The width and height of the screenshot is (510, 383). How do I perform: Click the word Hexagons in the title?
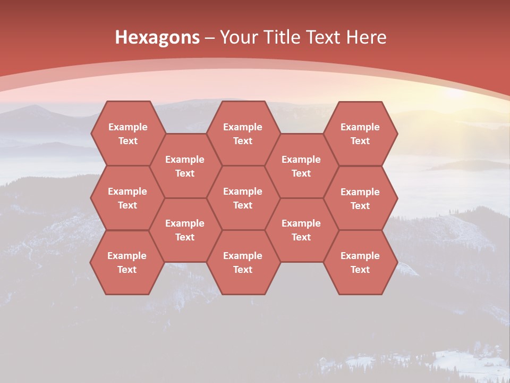pyautogui.click(x=157, y=37)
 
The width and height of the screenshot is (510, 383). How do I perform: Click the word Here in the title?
pyautogui.click(x=366, y=37)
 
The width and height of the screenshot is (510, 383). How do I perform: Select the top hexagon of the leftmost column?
pyautogui.click(x=127, y=134)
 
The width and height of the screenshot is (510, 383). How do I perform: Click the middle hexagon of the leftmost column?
pyautogui.click(x=127, y=198)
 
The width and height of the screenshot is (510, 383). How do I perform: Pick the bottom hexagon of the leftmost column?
pyautogui.click(x=127, y=262)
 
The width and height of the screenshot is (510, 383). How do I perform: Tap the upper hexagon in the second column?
pyautogui.click(x=185, y=166)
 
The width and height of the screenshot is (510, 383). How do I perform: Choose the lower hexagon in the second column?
pyautogui.click(x=185, y=230)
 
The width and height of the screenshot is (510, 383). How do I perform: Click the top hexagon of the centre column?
pyautogui.click(x=243, y=134)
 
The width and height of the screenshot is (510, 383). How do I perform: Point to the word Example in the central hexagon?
pyautogui.click(x=243, y=191)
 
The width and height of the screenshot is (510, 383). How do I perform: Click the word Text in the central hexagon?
pyautogui.click(x=243, y=205)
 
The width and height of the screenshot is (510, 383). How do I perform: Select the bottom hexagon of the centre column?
pyautogui.click(x=243, y=262)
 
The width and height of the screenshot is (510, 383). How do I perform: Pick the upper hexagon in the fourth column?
pyautogui.click(x=301, y=166)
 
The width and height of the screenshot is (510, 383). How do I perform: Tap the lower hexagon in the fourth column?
pyautogui.click(x=301, y=230)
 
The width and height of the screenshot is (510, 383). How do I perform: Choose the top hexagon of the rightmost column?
pyautogui.click(x=360, y=134)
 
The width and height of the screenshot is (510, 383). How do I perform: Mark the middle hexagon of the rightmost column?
pyautogui.click(x=360, y=198)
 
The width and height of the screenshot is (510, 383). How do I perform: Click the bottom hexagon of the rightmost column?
pyautogui.click(x=360, y=262)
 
